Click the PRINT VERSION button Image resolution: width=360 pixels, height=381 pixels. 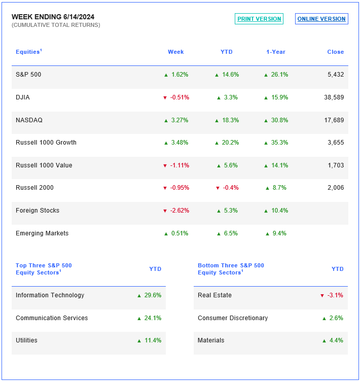pos(259,19)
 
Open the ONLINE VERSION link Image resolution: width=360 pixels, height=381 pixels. pos(321,19)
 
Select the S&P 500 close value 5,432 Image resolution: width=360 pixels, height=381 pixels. pos(336,75)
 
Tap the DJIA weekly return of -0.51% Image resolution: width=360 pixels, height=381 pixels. pos(179,97)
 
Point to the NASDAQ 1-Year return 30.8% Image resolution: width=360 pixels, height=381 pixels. pos(279,120)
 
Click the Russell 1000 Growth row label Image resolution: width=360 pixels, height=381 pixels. pos(46,143)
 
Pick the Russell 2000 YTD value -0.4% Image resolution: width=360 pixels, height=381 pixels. pos(231,188)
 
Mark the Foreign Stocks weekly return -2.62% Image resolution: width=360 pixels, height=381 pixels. pos(179,211)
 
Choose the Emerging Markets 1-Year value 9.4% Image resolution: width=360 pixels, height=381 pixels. pos(279,233)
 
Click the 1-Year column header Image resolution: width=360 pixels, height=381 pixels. pos(276,52)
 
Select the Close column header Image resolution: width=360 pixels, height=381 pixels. pos(336,52)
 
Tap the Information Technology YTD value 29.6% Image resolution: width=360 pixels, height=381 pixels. pos(153,295)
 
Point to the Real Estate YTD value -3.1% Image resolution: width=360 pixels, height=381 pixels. pos(335,295)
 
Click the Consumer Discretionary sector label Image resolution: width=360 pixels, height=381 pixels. pos(233,318)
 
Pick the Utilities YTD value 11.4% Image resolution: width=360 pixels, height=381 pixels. pos(153,340)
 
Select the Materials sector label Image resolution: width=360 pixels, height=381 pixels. pos(211,340)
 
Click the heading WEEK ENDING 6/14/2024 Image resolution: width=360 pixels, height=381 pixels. pos(53,17)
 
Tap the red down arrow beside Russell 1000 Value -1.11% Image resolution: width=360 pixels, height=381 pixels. pos(165,166)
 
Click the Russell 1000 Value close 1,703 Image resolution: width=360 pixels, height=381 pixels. pos(336,165)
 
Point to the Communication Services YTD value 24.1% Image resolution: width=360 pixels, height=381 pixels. pos(153,318)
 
